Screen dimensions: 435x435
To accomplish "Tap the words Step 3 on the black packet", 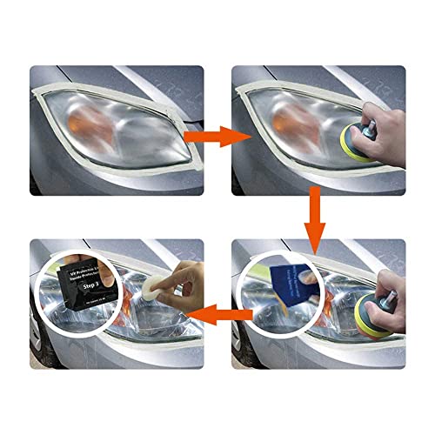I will click(x=84, y=283).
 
